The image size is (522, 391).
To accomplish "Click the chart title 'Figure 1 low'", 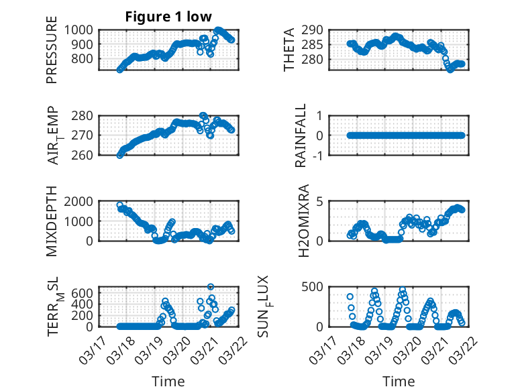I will (170, 17).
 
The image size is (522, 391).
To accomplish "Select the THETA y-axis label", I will (290, 50).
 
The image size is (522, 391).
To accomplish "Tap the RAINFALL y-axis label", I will (301, 135).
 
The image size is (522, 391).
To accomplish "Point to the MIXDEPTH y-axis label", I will (52, 222).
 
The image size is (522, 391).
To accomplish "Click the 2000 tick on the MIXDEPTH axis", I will (81, 201).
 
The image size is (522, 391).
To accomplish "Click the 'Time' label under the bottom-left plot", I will (168, 382).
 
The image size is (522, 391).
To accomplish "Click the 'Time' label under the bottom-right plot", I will (399, 382).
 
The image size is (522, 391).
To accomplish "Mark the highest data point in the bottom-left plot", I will (211, 287).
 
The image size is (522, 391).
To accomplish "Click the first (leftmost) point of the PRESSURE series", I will (120, 69).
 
